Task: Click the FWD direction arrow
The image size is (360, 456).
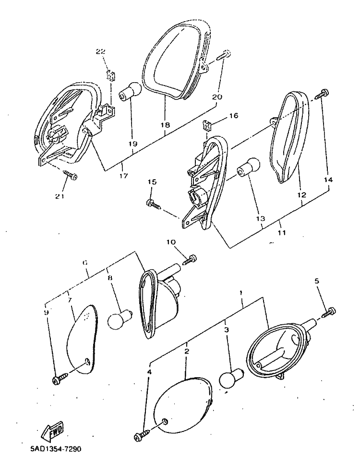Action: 53,431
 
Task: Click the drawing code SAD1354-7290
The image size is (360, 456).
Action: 56,449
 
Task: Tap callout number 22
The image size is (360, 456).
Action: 100,51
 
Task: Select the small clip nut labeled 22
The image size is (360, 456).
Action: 111,76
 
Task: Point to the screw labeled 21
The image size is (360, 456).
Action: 70,175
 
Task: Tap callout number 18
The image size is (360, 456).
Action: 165,125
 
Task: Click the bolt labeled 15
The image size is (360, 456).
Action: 154,204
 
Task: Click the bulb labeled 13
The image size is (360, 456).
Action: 248,167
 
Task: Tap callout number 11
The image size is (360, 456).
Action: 282,233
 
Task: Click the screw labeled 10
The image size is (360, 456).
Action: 189,259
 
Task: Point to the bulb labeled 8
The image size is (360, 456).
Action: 120,319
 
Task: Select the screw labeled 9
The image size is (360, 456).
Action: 60,378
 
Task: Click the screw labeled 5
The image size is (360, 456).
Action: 329,312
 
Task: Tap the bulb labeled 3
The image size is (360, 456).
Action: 231,378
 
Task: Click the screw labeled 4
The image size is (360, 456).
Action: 143,434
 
